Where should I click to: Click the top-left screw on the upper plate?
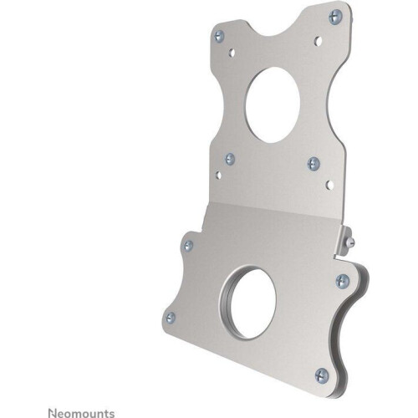pos(219,36)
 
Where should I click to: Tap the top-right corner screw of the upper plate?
pos(334,14)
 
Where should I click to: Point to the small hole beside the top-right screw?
pos(318,38)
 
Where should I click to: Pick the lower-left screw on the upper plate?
pos(230,157)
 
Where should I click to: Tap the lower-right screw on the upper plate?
pos(313,162)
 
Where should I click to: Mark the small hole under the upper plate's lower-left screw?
pos(219,174)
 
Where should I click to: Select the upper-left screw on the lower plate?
pos(188,245)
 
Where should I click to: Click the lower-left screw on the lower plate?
pos(171,317)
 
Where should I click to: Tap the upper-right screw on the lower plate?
pos(341,281)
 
